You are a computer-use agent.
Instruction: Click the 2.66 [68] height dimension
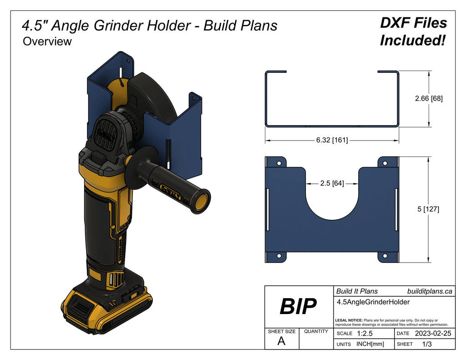429,98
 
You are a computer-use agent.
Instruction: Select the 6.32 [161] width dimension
332,140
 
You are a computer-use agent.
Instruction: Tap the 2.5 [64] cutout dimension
332,183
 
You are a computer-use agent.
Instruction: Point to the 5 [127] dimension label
428,209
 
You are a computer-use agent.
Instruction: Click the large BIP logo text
298,307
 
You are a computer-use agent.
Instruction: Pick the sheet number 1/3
427,344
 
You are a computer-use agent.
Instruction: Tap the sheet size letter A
281,341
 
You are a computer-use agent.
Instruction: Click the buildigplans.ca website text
430,291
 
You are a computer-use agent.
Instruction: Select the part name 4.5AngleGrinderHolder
373,302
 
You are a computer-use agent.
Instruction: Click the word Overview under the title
47,41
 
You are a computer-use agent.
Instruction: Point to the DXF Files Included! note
413,32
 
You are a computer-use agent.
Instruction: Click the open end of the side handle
201,202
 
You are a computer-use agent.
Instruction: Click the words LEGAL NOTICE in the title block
348,320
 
